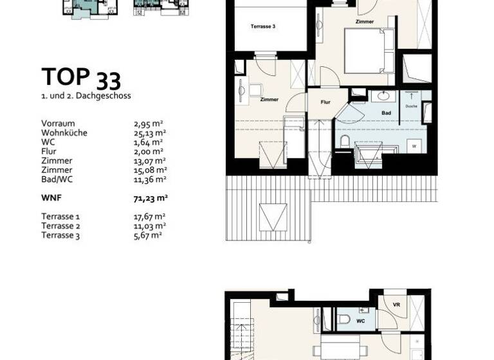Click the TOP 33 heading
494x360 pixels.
pyautogui.click(x=81, y=78)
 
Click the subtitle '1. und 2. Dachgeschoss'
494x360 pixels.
pyautogui.click(x=86, y=96)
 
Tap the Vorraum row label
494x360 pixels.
pyautogui.click(x=58, y=123)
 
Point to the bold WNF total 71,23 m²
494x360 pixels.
pyautogui.click(x=150, y=199)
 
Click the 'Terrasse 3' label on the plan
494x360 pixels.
pyautogui.click(x=263, y=26)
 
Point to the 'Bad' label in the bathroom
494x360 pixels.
pyautogui.click(x=386, y=113)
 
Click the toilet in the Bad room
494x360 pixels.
pyautogui.click(x=345, y=141)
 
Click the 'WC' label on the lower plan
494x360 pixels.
pyautogui.click(x=361, y=319)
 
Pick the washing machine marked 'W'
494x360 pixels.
pyautogui.click(x=414, y=145)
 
